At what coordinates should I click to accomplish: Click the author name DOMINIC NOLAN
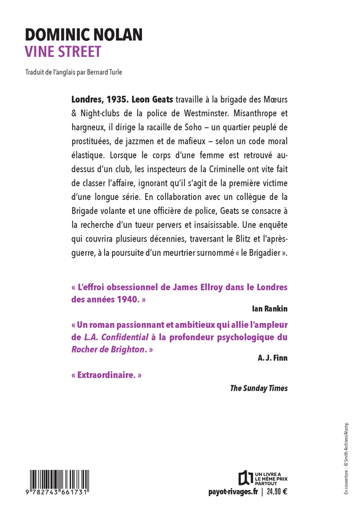84,36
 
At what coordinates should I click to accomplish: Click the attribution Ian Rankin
269,309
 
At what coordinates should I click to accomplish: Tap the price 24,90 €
277,491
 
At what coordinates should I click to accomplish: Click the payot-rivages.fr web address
233,491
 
